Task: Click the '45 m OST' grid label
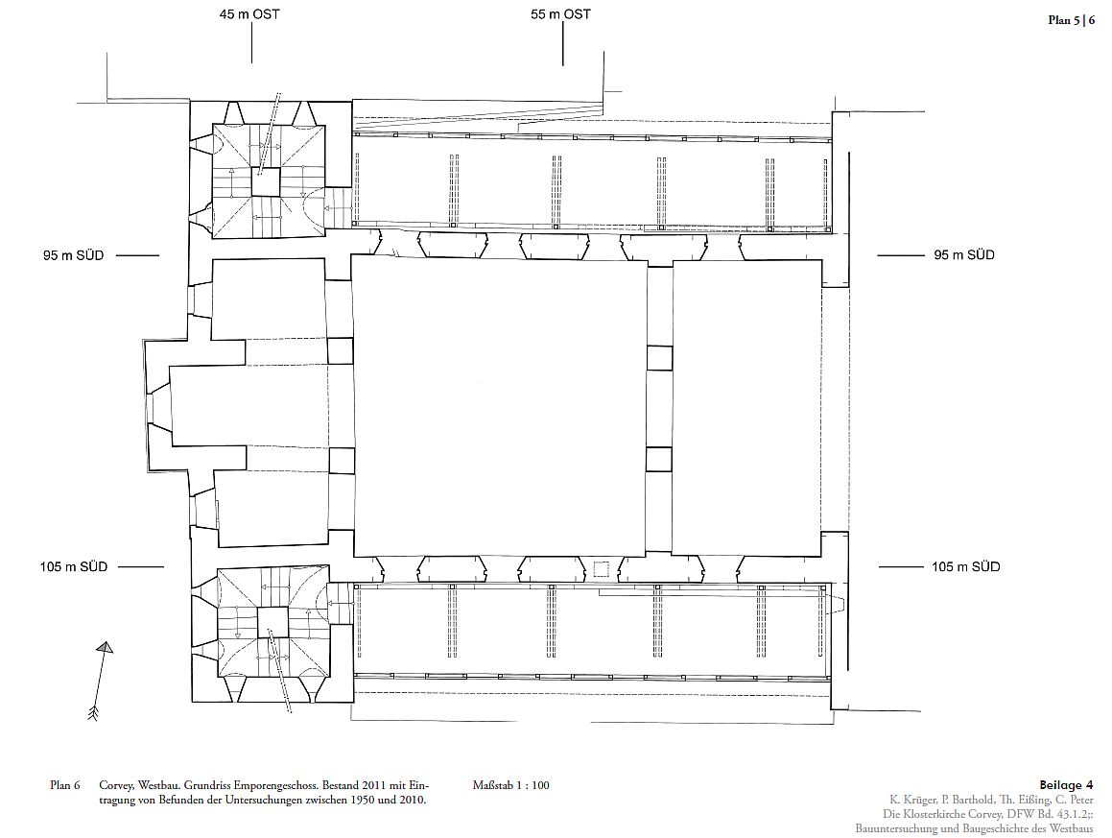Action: point(249,14)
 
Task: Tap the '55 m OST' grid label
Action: point(560,14)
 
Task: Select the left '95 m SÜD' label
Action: point(73,255)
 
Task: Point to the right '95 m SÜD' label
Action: point(964,254)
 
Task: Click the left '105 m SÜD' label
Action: point(73,567)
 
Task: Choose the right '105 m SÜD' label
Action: point(965,566)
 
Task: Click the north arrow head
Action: point(106,647)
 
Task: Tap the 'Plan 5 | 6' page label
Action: point(1071,20)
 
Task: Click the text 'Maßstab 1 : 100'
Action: point(510,785)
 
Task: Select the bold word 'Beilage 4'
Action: point(1066,785)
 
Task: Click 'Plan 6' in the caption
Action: point(64,785)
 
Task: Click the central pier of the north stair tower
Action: point(267,182)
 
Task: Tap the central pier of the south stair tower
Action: point(273,622)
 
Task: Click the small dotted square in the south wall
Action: point(602,569)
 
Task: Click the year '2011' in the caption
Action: point(374,785)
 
